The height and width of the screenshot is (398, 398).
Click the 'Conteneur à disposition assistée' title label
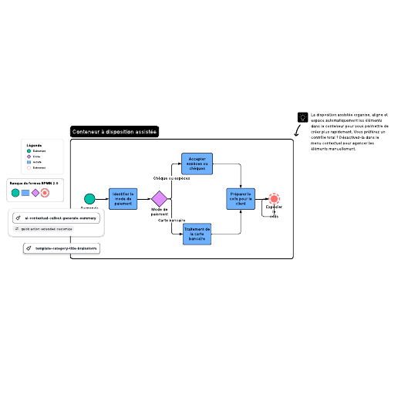114,132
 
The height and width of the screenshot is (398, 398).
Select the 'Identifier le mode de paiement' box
123,199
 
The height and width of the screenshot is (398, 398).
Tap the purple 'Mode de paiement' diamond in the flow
159,199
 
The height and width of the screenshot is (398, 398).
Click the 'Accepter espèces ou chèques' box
197,163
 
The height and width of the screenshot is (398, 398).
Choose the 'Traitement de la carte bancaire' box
197,234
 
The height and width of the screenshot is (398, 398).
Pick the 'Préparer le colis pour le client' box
240,199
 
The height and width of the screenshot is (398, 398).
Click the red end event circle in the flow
274,199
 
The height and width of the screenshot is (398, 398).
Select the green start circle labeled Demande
89,199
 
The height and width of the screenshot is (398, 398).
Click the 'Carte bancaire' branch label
171,221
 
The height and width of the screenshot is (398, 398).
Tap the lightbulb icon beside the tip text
302,117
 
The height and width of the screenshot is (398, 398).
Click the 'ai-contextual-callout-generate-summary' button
56,218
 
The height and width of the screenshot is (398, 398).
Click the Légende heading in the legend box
34,145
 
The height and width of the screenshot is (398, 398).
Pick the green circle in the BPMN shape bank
15,192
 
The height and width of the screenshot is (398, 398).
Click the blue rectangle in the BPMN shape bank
25,192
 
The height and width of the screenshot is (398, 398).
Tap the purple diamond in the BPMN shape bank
35,192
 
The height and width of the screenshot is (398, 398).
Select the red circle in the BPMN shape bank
46,192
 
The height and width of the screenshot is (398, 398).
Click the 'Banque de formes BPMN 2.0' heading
34,183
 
